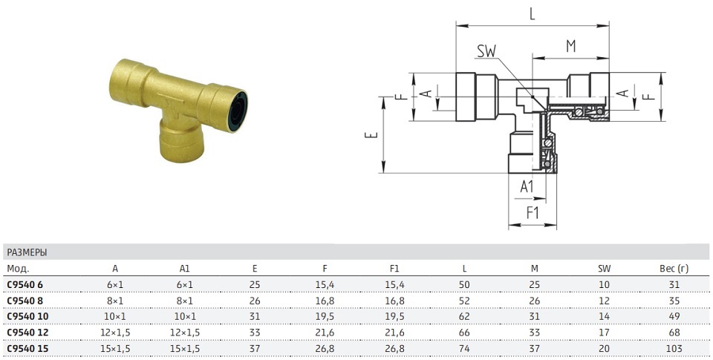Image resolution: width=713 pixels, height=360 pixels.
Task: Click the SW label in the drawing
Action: (486, 51)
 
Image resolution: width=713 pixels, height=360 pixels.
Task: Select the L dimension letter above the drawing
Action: (532, 15)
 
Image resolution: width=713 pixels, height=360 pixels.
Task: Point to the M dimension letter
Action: (570, 46)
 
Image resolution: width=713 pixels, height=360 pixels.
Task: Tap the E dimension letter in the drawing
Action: (372, 135)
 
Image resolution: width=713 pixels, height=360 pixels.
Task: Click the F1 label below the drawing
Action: (533, 213)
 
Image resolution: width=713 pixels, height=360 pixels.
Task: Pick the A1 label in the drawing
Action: (527, 186)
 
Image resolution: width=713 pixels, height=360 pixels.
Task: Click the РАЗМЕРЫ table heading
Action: (27, 252)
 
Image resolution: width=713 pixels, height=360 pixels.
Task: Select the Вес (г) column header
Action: (674, 269)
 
